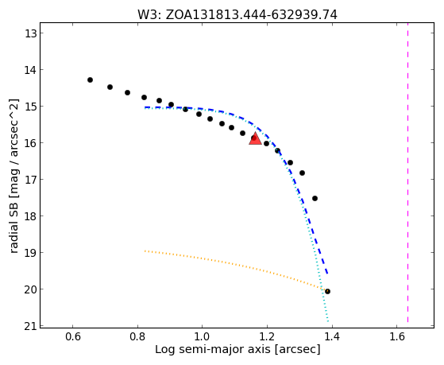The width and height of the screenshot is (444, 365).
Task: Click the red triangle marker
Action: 255,138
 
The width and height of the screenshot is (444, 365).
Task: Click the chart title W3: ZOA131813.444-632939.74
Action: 237,14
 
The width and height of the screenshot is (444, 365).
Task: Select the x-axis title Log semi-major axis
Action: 213,349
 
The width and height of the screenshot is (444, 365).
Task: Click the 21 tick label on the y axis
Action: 30,326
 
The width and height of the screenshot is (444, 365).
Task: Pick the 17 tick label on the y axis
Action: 30,180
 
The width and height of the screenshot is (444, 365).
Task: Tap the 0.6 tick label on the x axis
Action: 73,336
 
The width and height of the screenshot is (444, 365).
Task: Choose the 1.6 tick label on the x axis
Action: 396,336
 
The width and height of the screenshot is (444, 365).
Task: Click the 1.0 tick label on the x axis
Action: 203,336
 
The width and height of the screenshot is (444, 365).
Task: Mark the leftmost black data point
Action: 90,80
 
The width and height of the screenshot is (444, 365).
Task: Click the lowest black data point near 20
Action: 327,291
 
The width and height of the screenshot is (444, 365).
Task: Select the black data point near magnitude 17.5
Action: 315,198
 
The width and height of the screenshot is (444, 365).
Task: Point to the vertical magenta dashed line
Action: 407,173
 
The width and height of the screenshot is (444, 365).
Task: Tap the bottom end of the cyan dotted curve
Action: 328,321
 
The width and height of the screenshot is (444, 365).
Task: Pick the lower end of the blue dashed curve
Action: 327,274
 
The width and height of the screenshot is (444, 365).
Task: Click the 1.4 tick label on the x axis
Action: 332,336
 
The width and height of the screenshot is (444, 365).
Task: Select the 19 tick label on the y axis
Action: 30,253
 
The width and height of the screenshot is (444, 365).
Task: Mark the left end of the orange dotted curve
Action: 145,250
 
